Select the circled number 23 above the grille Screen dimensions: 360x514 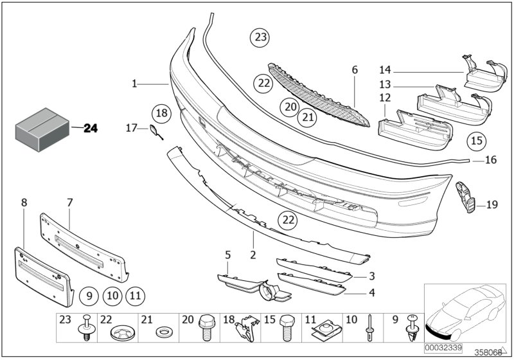coord(260,38)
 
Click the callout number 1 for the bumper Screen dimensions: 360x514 coord(135,84)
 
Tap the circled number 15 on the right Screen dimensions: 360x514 coord(476,140)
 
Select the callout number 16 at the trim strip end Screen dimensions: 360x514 coord(490,160)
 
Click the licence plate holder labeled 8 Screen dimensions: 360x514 coord(40,271)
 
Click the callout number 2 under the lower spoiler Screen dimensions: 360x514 coord(253,255)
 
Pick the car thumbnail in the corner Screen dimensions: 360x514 coord(465,309)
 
